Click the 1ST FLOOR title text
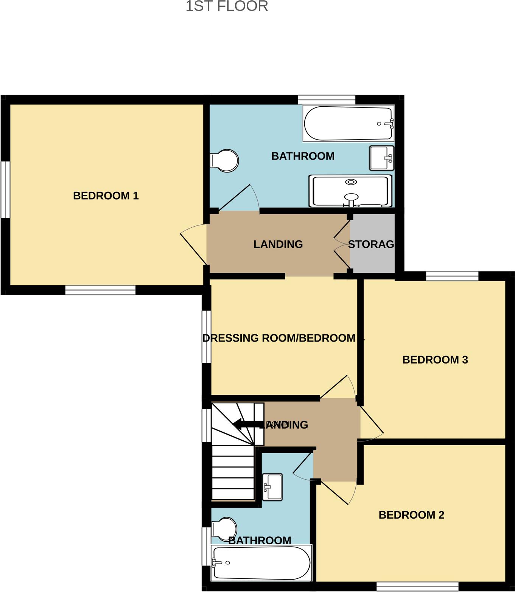(x=227, y=6)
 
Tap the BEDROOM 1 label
(x=106, y=196)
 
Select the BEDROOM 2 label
(x=411, y=515)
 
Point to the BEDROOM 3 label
(x=435, y=360)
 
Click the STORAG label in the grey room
(x=371, y=244)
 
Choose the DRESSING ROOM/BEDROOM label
(x=279, y=338)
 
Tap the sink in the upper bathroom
(x=382, y=158)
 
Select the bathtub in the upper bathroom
(x=349, y=124)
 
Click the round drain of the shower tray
(x=351, y=182)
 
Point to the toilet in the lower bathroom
(x=224, y=527)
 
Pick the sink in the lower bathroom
(x=272, y=487)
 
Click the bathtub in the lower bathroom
(x=261, y=563)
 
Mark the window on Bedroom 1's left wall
(x=5, y=190)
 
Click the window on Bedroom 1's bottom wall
(x=100, y=290)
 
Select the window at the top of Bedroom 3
(x=452, y=276)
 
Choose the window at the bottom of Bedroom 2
(x=417, y=586)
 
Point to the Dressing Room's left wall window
(x=206, y=337)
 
